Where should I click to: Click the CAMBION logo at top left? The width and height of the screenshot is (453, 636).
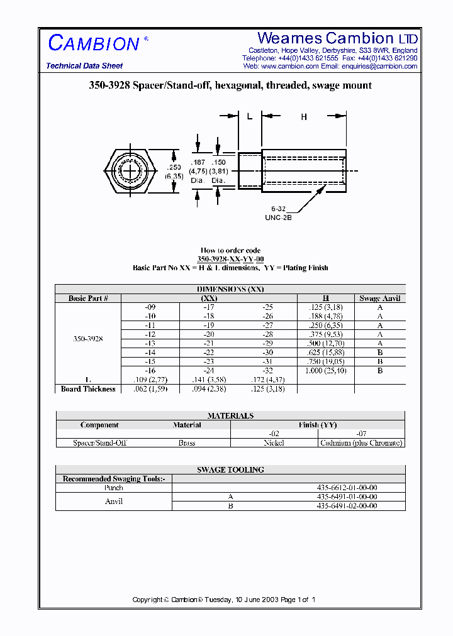click(x=94, y=43)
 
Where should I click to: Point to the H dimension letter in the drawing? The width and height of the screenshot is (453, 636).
click(x=304, y=117)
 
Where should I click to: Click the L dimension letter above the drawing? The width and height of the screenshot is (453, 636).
click(x=250, y=117)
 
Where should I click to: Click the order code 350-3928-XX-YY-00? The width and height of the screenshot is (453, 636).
click(x=230, y=259)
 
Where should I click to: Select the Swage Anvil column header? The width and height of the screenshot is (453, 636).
click(x=379, y=299)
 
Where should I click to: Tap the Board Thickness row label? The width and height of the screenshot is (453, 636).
click(x=88, y=389)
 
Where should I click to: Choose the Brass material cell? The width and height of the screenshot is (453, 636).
click(x=187, y=443)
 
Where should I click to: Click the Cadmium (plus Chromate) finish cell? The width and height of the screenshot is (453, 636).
click(x=361, y=443)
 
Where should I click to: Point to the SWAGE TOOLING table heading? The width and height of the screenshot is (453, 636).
click(x=230, y=469)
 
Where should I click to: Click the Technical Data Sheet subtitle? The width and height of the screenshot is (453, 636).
click(x=84, y=66)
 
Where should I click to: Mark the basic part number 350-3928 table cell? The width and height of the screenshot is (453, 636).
click(x=88, y=338)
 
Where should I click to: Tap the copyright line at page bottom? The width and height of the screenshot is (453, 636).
click(x=224, y=600)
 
